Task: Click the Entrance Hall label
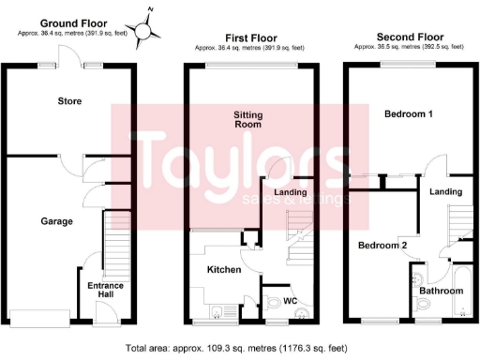(106, 290)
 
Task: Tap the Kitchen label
(225, 269)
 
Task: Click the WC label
(291, 301)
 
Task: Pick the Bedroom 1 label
(409, 114)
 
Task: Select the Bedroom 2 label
(382, 246)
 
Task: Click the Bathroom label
(441, 292)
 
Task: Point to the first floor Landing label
(292, 192)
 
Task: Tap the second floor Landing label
(447, 192)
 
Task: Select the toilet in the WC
(272, 303)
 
